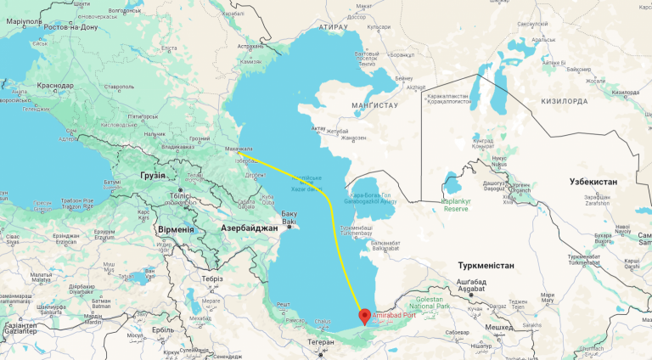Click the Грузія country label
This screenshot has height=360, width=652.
[x=133, y=175]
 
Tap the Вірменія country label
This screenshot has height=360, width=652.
[x=176, y=229]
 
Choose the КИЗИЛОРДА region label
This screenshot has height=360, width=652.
[x=558, y=100]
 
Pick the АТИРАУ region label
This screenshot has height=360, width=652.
[x=334, y=26]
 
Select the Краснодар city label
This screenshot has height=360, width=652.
[x=55, y=86]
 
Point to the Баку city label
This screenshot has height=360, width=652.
[x=290, y=212]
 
